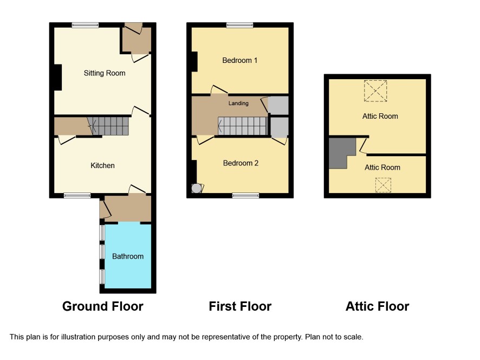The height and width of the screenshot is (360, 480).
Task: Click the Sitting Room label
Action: coord(105,73)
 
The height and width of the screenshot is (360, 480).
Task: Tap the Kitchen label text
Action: coord(102,165)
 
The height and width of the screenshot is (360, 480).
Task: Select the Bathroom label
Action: coord(128,256)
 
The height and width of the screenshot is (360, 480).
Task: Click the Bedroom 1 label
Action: coord(239,60)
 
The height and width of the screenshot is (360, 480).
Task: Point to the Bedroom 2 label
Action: coord(241,163)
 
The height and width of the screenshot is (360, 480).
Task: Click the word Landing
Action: coord(238,103)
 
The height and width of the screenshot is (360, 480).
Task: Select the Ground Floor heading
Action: coord(103,306)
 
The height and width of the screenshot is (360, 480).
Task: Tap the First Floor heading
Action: coord(240,306)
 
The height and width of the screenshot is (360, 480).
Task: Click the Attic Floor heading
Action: coord(377,306)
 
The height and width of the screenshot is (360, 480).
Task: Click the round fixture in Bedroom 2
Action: coord(196,188)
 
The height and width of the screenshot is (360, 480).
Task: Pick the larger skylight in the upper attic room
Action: coord(375,91)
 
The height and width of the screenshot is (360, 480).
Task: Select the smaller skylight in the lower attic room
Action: coord(383,185)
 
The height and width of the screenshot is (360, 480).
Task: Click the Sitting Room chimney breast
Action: coord(58,77)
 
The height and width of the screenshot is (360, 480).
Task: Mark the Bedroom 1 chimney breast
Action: coord(194,62)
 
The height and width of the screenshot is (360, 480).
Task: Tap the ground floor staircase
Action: coord(110,126)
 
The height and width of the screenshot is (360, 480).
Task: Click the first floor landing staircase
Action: coord(243,126)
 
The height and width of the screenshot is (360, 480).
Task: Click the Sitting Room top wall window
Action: coord(86,25)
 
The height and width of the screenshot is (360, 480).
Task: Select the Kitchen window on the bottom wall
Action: coord(77,195)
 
